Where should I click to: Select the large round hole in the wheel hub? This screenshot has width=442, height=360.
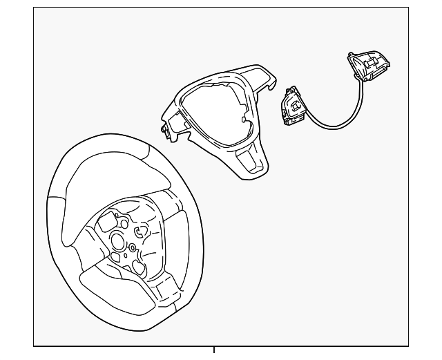[x=117, y=242]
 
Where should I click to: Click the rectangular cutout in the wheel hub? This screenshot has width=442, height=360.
[x=110, y=222]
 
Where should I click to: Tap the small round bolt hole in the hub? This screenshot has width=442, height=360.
[x=133, y=248]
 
